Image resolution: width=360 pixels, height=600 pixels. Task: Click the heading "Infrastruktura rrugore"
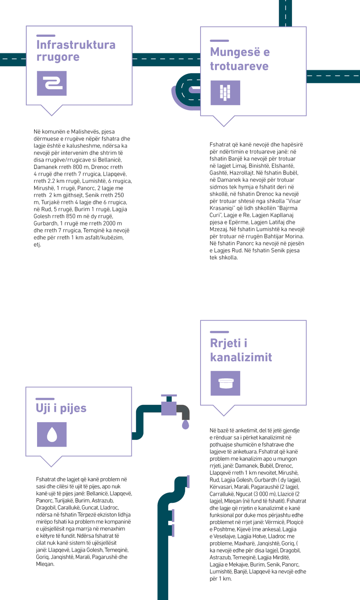pyautogui.click(x=76, y=51)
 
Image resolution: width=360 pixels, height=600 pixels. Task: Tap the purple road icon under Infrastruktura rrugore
pyautogui.click(x=52, y=83)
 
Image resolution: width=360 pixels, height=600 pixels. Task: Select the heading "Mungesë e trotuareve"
pyautogui.click(x=240, y=59)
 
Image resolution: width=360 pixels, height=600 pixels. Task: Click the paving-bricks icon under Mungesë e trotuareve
pyautogui.click(x=225, y=93)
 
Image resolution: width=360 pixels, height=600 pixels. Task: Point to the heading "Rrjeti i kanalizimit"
pyautogui.click(x=241, y=350)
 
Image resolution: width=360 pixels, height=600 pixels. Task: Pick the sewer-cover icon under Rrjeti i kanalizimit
pyautogui.click(x=225, y=383)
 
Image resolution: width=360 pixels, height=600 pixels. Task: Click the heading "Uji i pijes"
pyautogui.click(x=61, y=408)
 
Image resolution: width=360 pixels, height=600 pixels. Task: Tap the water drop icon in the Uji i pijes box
pyautogui.click(x=52, y=434)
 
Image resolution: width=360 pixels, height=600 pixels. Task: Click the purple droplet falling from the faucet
pyautogui.click(x=186, y=425)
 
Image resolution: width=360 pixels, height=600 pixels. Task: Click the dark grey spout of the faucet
pyautogui.click(x=184, y=411)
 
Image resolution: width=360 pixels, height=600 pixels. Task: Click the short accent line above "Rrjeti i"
pyautogui.click(x=219, y=332)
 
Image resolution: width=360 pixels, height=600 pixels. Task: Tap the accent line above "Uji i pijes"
pyautogui.click(x=45, y=399)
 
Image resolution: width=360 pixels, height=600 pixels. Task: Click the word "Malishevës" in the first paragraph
pyautogui.click(x=85, y=131)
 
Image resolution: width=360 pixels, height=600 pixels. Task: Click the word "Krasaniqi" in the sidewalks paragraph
pyautogui.click(x=222, y=208)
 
